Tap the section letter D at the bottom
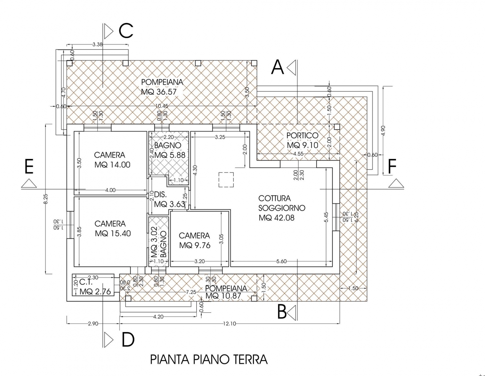tap(128, 339)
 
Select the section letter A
tap(277, 68)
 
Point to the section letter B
tap(282, 312)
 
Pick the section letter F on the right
tap(392, 167)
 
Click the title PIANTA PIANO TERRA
tap(209, 359)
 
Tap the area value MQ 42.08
tap(276, 218)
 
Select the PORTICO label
tap(302, 136)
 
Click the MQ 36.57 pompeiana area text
tap(159, 92)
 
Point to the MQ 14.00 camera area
tap(112, 165)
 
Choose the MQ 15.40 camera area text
tap(113, 233)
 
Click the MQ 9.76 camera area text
tap(195, 245)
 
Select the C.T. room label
tap(86, 282)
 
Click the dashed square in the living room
tap(226, 180)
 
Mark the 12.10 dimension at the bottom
tap(229, 323)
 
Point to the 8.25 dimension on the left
tap(46, 199)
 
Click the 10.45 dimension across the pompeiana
tap(162, 106)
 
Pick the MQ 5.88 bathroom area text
tap(170, 155)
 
